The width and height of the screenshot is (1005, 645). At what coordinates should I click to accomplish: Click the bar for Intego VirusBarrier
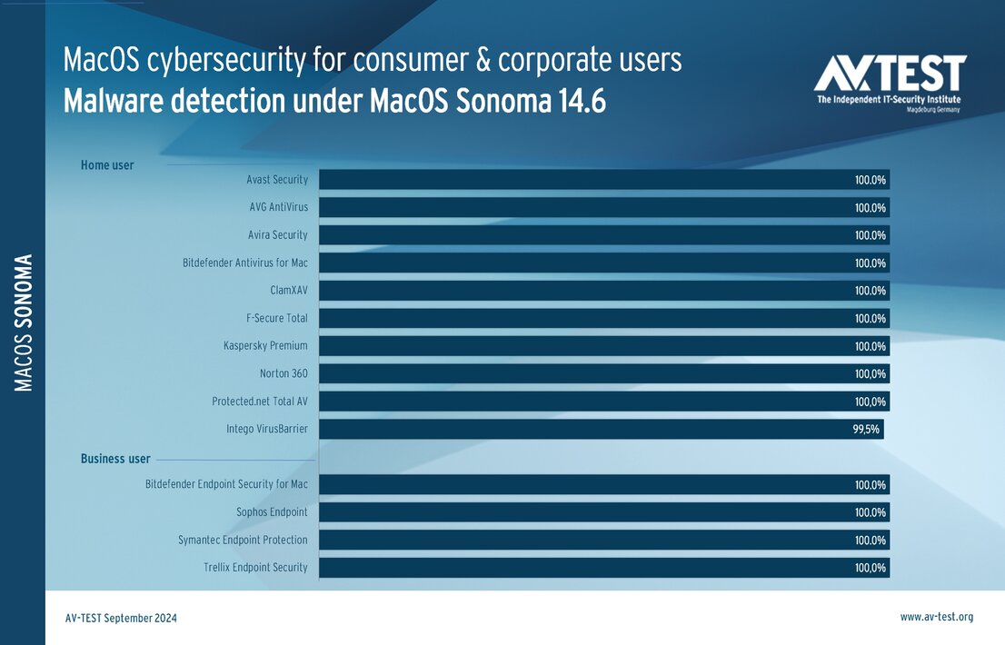click(582, 429)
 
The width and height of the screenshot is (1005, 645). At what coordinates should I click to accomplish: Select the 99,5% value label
click(866, 430)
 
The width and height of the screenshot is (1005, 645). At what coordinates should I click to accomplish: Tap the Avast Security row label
click(277, 180)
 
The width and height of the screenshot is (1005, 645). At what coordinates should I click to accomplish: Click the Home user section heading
click(107, 165)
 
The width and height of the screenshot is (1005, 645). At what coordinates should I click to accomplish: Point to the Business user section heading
click(115, 459)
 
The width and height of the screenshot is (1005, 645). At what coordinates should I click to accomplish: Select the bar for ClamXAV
click(582, 291)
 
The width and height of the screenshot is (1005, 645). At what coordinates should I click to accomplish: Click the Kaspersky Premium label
click(265, 346)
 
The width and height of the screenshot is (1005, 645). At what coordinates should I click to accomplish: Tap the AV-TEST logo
click(890, 82)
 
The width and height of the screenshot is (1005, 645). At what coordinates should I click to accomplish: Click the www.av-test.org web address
click(936, 617)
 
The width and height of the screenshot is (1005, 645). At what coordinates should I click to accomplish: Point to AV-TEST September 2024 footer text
click(121, 618)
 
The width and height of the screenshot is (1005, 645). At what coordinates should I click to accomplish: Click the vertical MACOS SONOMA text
click(25, 322)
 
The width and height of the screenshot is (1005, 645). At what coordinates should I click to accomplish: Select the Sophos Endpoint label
click(272, 512)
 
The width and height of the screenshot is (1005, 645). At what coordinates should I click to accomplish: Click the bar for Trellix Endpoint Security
click(582, 568)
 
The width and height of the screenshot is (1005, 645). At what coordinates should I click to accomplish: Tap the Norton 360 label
click(284, 373)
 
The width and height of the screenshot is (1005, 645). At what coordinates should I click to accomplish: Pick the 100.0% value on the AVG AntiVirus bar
click(870, 208)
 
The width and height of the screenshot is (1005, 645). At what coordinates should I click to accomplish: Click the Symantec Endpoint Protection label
click(243, 540)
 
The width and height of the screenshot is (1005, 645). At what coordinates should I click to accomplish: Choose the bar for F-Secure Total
click(582, 319)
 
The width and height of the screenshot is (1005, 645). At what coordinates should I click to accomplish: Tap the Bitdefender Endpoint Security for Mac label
click(226, 484)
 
